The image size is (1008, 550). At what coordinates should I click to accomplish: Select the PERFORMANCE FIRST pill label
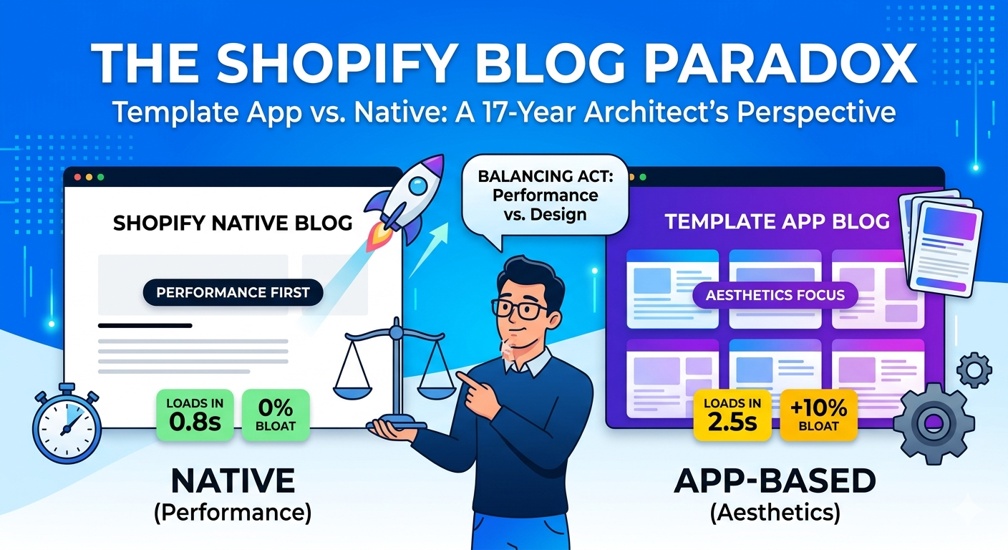[x=233, y=292]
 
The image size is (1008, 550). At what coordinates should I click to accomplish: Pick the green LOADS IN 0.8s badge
[x=195, y=415]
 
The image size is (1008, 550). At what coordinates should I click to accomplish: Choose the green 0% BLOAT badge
[x=276, y=415]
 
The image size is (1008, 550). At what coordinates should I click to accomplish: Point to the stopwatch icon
[x=66, y=422]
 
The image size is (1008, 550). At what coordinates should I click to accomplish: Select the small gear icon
[x=974, y=370]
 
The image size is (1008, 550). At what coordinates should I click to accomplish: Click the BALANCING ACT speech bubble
[x=538, y=194]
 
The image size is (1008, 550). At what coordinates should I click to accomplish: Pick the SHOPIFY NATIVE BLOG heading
[x=233, y=223]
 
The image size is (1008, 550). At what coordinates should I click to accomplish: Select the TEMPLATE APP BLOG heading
[x=777, y=221]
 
